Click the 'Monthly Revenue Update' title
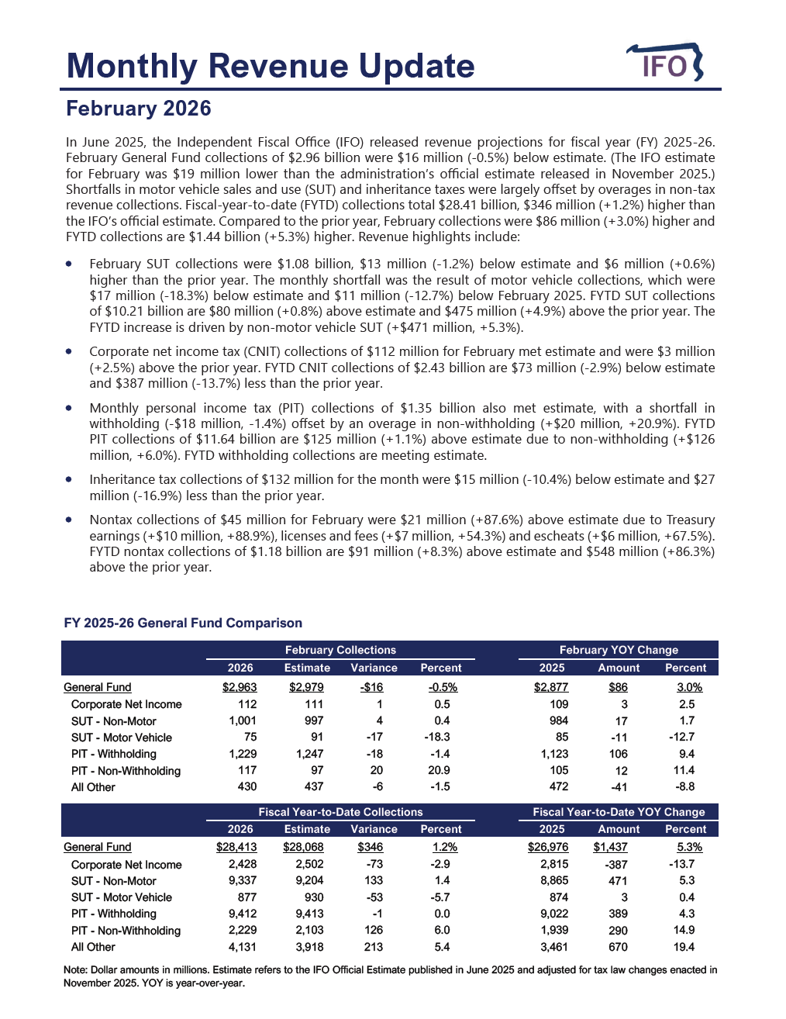[x=271, y=66]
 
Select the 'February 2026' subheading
[x=139, y=109]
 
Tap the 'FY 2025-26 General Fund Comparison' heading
[x=183, y=623]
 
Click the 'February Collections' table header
[x=340, y=650]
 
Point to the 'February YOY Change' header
[x=619, y=650]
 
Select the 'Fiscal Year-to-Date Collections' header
[x=340, y=812]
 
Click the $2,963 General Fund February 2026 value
[x=240, y=687]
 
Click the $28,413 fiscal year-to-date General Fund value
[x=236, y=847]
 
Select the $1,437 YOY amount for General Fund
[x=610, y=847]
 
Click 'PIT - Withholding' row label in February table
[x=114, y=754]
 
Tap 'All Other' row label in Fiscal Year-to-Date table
[x=93, y=947]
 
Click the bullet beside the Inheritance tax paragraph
[x=70, y=479]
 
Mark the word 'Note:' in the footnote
[x=76, y=969]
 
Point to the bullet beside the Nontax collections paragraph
[x=70, y=520]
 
